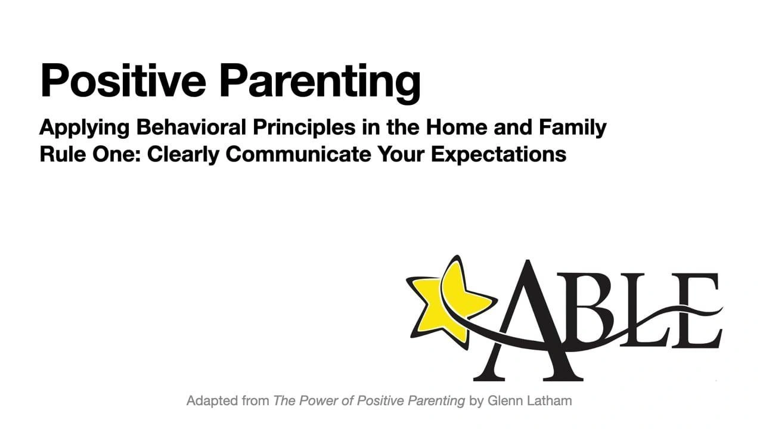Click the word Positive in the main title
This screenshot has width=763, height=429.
(x=123, y=80)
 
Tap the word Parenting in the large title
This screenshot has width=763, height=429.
(x=320, y=83)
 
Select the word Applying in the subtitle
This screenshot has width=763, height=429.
(x=85, y=128)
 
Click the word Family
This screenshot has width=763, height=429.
(x=573, y=128)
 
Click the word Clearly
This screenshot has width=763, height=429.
(x=183, y=156)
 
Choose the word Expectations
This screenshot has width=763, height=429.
(x=499, y=156)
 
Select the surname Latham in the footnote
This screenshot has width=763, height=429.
(x=550, y=401)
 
